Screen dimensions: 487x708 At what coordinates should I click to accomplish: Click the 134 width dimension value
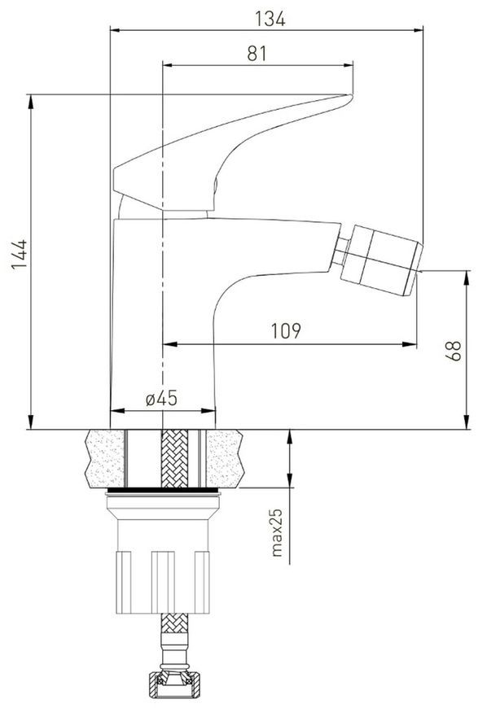point(270,19)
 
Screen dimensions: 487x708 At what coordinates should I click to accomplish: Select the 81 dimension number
point(257,54)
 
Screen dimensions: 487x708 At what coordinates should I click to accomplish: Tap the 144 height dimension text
point(20,255)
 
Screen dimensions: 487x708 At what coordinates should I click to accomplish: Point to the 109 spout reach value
point(286,331)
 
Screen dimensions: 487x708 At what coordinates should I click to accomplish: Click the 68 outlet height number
point(454,351)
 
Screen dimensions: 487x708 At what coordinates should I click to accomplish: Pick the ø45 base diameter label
point(162,398)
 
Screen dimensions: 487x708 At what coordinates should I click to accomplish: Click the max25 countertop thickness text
point(276,533)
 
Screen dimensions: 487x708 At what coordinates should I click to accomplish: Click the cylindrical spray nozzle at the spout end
point(382,260)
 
